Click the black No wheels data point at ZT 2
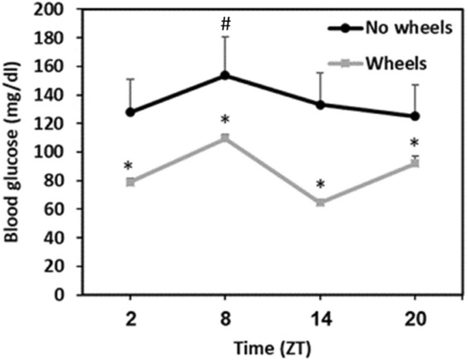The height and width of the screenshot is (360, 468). coord(130,112)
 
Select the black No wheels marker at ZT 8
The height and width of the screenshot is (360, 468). coord(225,76)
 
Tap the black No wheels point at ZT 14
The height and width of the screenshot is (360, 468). coord(320,105)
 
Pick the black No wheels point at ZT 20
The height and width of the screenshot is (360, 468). coord(415,116)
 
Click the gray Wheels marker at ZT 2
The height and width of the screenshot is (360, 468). coord(130,182)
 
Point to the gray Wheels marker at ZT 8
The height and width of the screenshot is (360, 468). coord(225,138)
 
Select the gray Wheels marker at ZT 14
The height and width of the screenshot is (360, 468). coord(320,202)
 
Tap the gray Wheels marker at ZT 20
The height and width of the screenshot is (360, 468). coord(415,163)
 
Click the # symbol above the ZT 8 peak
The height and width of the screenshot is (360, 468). coord(225,24)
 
